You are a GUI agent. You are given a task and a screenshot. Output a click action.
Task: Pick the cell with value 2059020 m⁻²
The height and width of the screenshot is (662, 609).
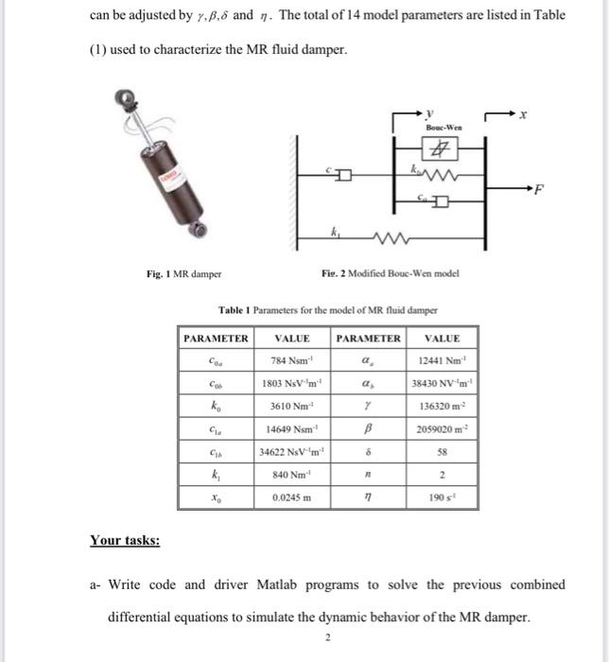444,428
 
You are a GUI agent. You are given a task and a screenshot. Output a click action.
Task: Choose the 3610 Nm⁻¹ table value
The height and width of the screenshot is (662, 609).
291,406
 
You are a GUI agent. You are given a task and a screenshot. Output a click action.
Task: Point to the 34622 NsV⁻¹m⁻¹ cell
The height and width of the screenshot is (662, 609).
291,451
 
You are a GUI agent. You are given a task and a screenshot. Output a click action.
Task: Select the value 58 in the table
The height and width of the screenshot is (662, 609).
444,451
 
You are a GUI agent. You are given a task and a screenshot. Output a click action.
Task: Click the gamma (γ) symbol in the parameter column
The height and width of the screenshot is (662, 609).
368,406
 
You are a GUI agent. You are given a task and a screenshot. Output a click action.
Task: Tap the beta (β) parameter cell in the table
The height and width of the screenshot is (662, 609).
368,428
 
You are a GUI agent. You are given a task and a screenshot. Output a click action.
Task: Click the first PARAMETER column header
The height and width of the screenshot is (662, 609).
216,338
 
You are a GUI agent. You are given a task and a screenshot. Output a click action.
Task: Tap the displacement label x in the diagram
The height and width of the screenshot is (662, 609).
523,113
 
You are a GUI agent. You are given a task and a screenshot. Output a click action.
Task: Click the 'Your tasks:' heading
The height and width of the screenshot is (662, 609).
125,540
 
